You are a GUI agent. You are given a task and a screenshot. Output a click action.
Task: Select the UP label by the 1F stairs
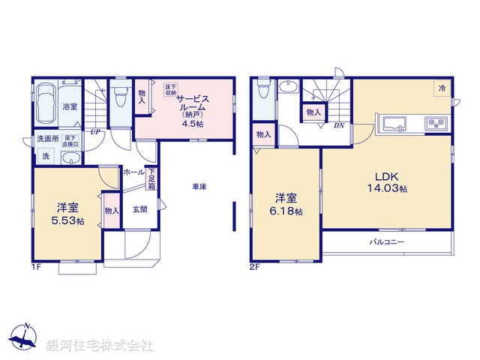click(x=96, y=133)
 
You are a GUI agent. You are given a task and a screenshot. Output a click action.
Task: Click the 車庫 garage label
click(x=199, y=187)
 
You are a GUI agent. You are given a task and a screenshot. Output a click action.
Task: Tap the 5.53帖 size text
click(x=67, y=222)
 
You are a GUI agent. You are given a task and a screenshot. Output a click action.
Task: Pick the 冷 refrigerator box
click(x=442, y=88)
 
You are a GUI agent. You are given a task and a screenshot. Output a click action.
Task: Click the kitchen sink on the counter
click(x=393, y=124)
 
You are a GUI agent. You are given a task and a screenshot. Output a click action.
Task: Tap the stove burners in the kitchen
click(x=436, y=124)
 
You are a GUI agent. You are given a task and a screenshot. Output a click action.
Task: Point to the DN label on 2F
click(x=339, y=126)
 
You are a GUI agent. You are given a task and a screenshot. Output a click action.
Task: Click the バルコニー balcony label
click(x=387, y=243)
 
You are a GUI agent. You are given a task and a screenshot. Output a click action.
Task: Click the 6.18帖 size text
click(x=287, y=212)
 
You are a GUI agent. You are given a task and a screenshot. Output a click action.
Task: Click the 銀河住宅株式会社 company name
click(x=100, y=345)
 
